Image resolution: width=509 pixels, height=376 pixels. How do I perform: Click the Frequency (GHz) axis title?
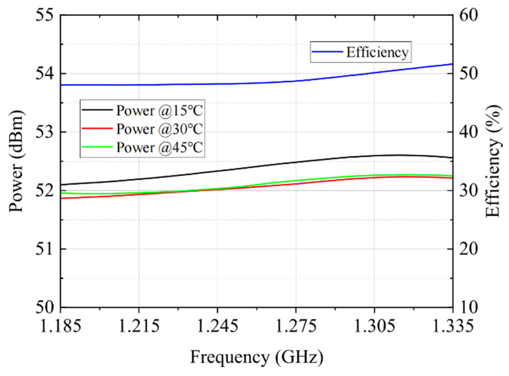pyautogui.click(x=256, y=357)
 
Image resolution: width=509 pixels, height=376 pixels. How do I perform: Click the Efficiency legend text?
pyautogui.click(x=377, y=52)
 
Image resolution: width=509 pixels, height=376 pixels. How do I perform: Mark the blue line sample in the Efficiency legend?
pyautogui.click(x=327, y=52)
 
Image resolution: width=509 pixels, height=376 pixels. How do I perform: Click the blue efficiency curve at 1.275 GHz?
pyautogui.click(x=296, y=81)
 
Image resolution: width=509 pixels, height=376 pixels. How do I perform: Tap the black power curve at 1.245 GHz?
pyautogui.click(x=217, y=171)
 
